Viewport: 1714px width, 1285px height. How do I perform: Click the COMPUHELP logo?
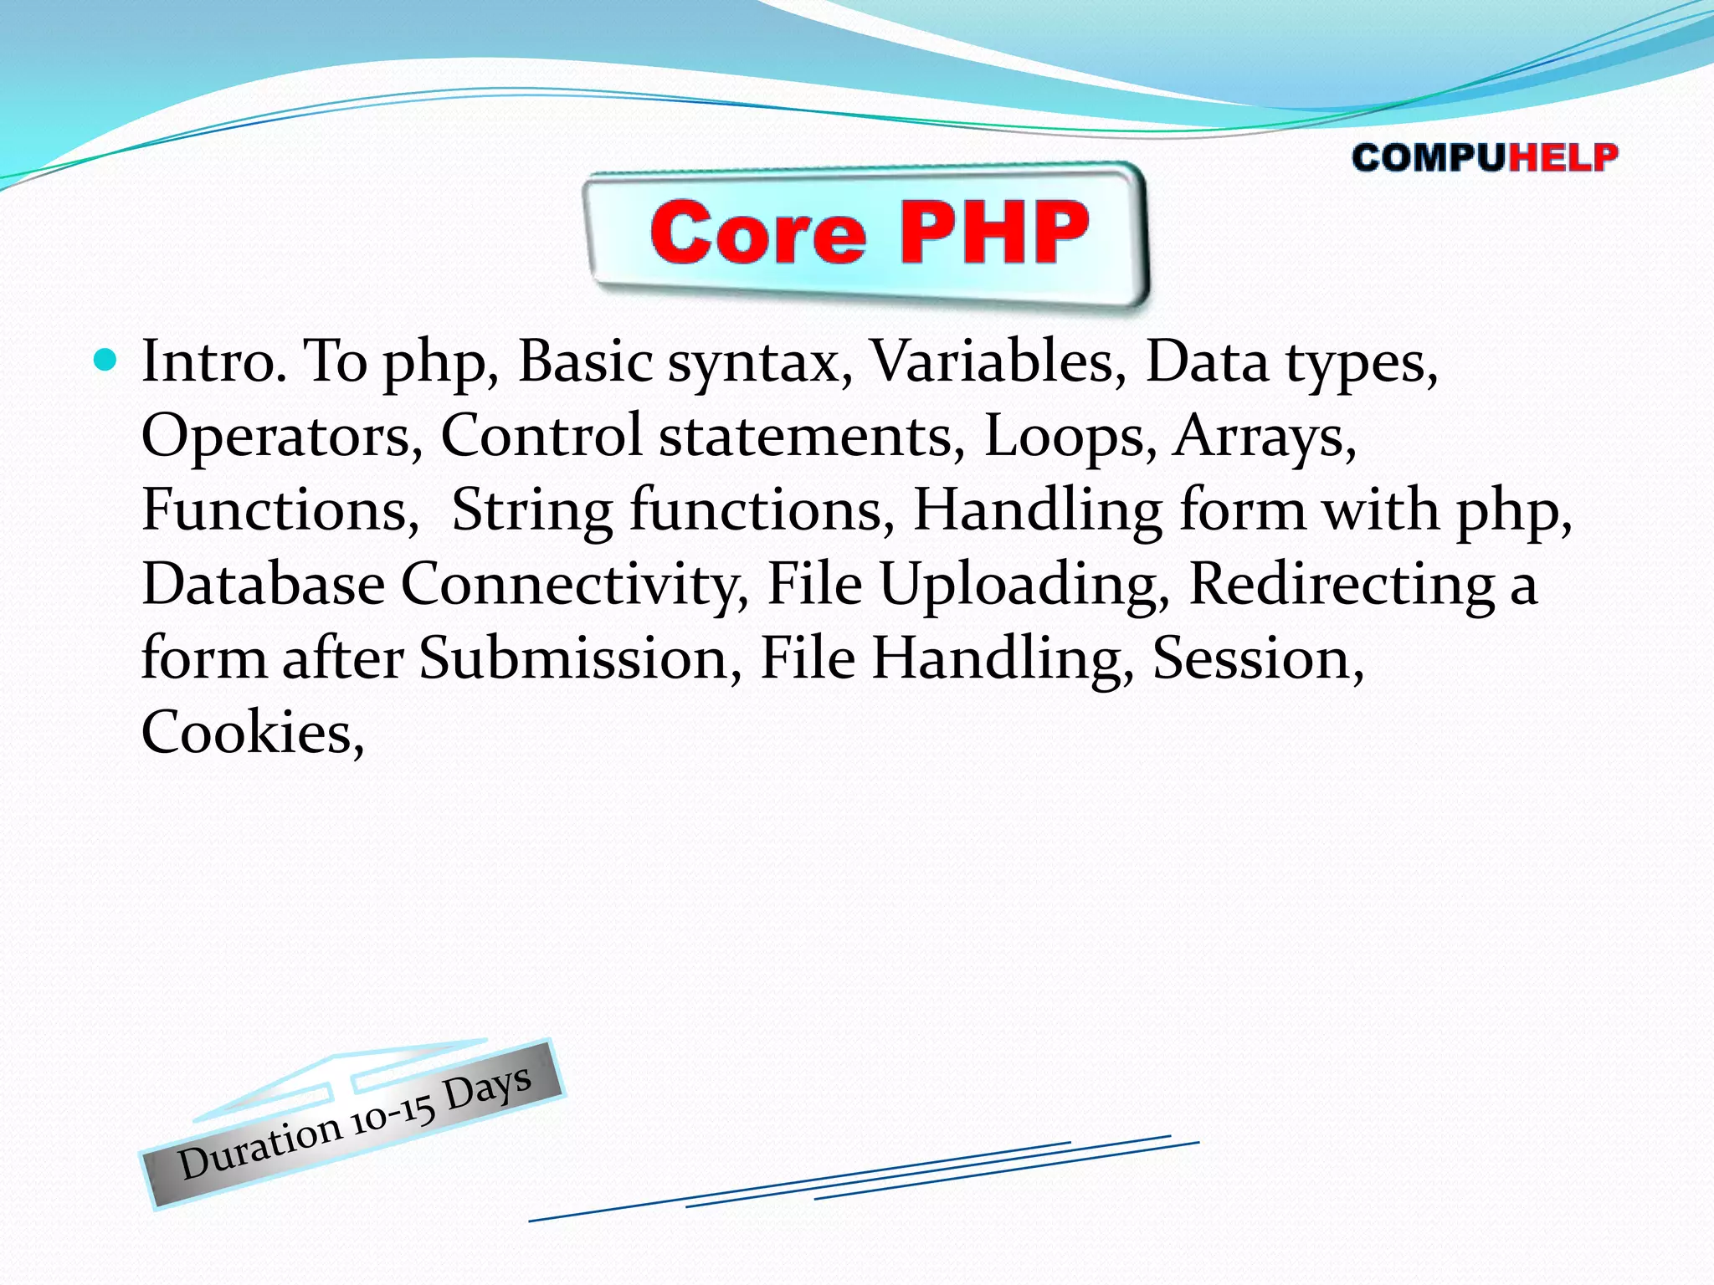coord(1484,157)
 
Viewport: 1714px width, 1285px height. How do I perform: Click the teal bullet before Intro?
coord(105,361)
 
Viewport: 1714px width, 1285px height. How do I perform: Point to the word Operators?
coord(276,436)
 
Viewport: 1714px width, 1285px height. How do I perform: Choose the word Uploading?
coord(1019,584)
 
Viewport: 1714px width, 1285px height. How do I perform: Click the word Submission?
coord(574,658)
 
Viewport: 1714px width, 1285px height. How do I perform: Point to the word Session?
coord(1252,658)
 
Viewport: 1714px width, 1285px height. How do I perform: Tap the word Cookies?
coord(248,733)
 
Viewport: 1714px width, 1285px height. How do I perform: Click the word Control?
coord(541,436)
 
